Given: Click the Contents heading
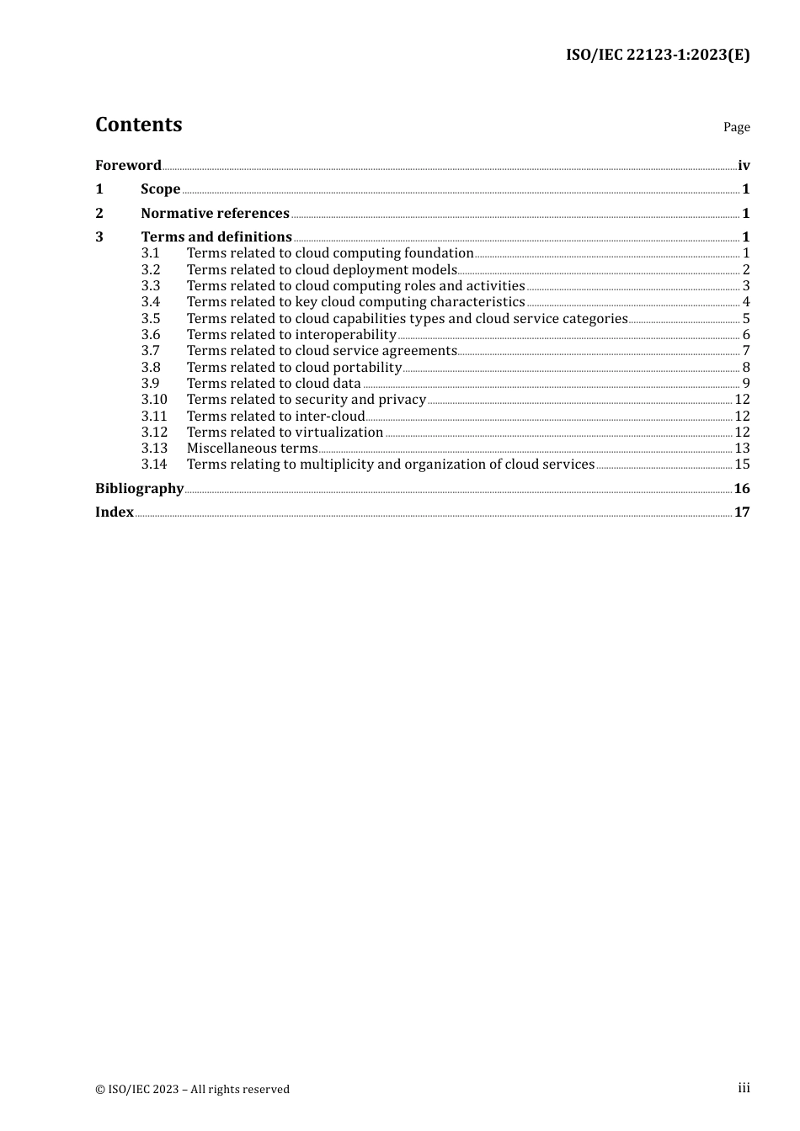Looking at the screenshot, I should [138, 125].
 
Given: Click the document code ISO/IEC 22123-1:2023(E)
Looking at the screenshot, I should [657, 55].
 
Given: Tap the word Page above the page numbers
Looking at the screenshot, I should [736, 127].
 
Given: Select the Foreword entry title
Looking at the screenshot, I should [128, 165].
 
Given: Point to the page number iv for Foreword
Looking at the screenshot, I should [744, 165].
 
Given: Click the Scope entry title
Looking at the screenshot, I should [160, 188].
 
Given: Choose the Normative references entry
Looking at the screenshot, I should [215, 213].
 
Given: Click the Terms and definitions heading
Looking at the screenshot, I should [216, 236].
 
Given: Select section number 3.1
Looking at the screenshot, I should [150, 252].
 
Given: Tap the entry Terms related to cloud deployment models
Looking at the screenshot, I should [322, 269].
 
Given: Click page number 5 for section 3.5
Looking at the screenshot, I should [746, 318].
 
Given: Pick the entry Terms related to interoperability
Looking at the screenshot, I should [291, 334].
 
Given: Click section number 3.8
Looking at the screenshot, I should [150, 367].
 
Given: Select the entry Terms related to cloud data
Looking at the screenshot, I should [274, 383].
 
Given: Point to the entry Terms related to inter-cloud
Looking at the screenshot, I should [275, 416].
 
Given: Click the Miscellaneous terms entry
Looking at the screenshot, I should [252, 448].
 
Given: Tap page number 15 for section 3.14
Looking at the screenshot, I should [742, 464].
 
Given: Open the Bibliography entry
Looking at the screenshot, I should [139, 488].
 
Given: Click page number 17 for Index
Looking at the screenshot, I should [742, 512].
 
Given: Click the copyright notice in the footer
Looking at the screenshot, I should [192, 1089].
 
